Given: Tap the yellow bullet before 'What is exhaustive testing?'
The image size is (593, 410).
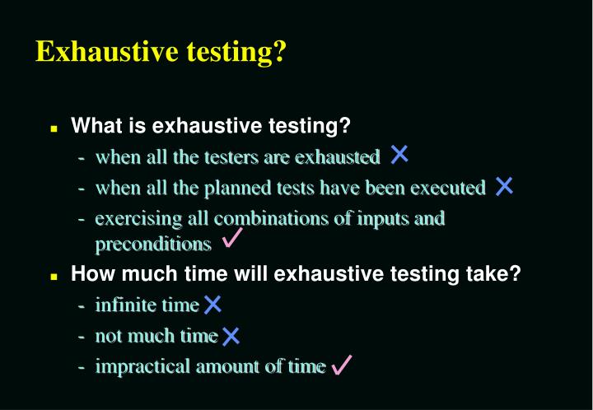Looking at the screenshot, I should pyautogui.click(x=54, y=129).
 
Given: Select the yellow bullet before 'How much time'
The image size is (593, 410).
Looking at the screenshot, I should pyautogui.click(x=54, y=277).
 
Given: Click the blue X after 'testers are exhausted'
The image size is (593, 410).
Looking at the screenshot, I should pyautogui.click(x=399, y=154).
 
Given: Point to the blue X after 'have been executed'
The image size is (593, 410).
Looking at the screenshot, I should pyautogui.click(x=504, y=186).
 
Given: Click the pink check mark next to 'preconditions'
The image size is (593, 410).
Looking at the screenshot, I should pyautogui.click(x=231, y=240).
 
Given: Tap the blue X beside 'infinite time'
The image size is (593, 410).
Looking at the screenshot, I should pyautogui.click(x=212, y=305).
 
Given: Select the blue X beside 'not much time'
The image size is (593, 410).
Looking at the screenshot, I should pyautogui.click(x=231, y=335).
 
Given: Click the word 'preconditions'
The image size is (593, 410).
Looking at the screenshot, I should pyautogui.click(x=153, y=245).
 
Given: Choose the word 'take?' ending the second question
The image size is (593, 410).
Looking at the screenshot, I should pyautogui.click(x=497, y=274).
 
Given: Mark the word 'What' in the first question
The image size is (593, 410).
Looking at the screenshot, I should pyautogui.click(x=93, y=126).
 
